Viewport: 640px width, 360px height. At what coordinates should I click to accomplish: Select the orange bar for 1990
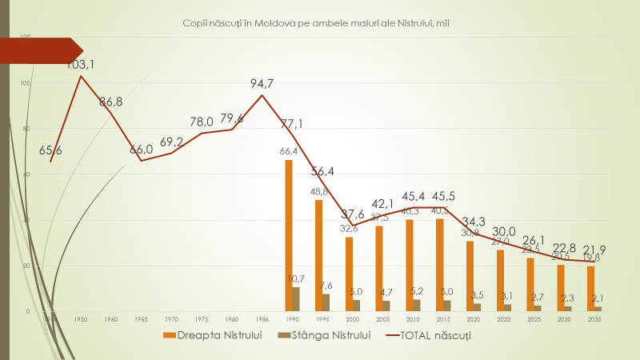pos(289,235)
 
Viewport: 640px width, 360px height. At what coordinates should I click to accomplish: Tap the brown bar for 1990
pos(296,298)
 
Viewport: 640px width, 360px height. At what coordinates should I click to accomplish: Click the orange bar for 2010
pos(410,265)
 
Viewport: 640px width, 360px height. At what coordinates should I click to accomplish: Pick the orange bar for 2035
pos(590,288)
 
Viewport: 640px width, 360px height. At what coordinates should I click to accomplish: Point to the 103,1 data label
pos(81,64)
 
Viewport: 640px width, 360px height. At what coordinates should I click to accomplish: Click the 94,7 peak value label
pos(262,82)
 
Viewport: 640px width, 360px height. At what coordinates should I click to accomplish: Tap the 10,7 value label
pos(296,278)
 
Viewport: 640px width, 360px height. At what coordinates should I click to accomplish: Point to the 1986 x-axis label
pos(262,318)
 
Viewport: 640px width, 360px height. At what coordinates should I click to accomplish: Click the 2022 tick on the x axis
pos(504,318)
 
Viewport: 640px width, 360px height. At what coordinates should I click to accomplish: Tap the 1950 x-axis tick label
pos(81,318)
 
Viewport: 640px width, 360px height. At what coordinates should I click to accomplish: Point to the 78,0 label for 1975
pos(202,122)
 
